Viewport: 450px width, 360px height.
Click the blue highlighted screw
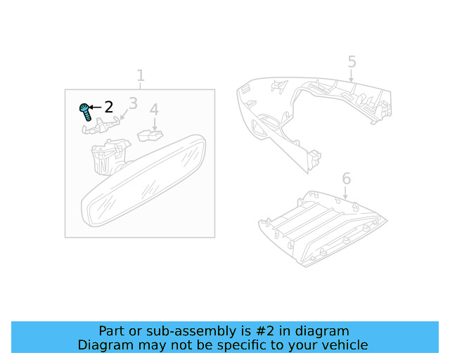click(86, 112)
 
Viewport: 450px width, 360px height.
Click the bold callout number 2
click(109, 107)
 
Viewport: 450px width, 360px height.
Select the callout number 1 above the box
click(141, 75)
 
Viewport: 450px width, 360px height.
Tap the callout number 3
click(133, 103)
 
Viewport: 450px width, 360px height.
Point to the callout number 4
click(154, 110)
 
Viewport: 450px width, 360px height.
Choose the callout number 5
click(352, 62)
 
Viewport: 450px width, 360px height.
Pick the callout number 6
click(347, 179)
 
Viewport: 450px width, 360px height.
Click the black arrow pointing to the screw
click(96, 108)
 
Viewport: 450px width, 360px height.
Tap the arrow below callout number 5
click(351, 76)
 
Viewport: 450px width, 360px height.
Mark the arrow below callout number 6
click(345, 193)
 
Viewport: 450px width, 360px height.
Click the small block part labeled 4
click(150, 136)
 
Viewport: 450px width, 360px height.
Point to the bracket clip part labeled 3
click(101, 127)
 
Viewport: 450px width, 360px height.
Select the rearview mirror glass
click(143, 181)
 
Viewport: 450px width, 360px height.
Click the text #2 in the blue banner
click(265, 331)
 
